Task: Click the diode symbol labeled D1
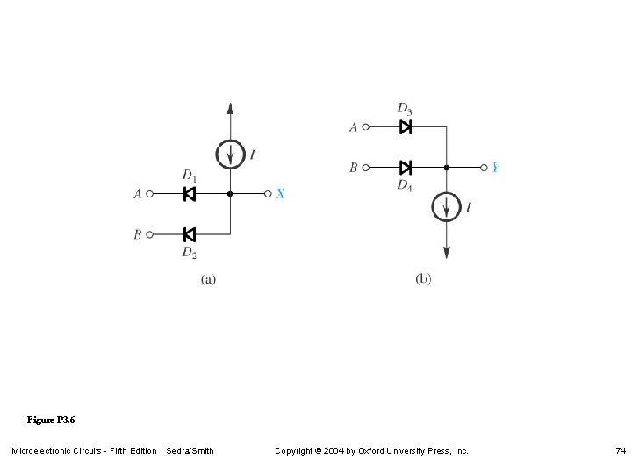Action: [x=189, y=194]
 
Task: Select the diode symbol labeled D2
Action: [x=189, y=234]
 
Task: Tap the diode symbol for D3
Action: [x=406, y=127]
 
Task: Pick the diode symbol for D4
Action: [x=406, y=167]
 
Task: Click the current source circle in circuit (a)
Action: [x=230, y=154]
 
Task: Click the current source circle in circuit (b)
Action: [x=447, y=208]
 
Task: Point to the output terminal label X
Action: [x=280, y=194]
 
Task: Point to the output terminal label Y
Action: [x=495, y=167]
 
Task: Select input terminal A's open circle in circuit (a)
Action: [x=150, y=194]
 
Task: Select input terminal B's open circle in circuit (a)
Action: [x=150, y=234]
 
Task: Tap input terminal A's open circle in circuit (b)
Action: [x=367, y=127]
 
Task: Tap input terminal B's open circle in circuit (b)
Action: [x=367, y=167]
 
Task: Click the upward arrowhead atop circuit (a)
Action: [x=230, y=108]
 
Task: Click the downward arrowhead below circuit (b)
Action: [x=447, y=252]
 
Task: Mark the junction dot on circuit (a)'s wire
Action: [x=230, y=194]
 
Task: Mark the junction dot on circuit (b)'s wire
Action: [x=447, y=167]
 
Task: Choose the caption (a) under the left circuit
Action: [x=209, y=279]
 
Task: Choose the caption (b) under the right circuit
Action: [x=423, y=278]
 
